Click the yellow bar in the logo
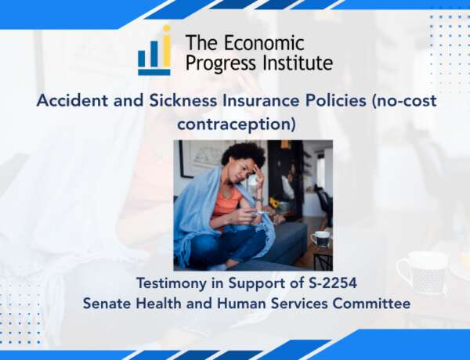(x=167, y=51)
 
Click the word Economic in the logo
(x=264, y=42)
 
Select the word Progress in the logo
(x=221, y=64)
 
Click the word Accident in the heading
(x=72, y=100)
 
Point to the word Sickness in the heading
(x=183, y=100)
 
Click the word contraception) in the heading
(x=237, y=124)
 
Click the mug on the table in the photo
(x=320, y=239)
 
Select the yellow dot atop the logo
(x=166, y=29)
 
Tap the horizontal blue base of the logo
(x=154, y=72)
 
